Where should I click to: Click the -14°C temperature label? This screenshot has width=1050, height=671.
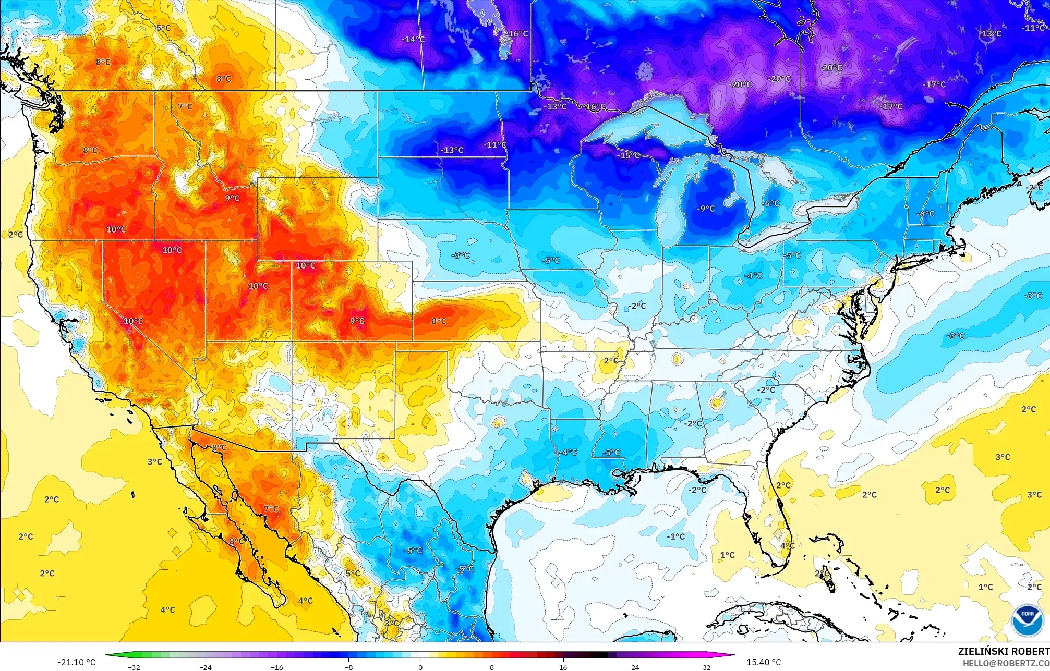coord(413,40)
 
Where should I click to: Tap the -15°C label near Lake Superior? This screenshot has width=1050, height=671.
coord(628,155)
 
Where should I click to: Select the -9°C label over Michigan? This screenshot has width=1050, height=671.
coord(706,209)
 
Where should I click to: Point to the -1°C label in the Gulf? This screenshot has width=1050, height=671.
coord(675,536)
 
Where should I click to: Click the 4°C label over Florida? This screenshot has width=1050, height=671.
coord(787,546)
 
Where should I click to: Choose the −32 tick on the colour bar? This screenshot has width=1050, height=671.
coord(134,667)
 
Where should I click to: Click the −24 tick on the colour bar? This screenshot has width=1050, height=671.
coord(206,667)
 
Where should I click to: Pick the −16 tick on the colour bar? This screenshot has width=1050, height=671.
coord(277,667)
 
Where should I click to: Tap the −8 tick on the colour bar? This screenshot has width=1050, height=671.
coord(348,667)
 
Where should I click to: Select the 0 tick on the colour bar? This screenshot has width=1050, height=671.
coord(420,667)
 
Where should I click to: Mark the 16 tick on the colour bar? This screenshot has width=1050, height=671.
coord(563,667)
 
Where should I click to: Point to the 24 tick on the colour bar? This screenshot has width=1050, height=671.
coord(635,667)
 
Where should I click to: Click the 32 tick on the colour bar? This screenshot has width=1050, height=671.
coord(706,667)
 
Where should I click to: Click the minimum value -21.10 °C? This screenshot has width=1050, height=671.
coord(76,662)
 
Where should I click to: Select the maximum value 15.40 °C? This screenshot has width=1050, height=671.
coord(763,662)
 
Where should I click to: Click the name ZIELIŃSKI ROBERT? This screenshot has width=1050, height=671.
coord(1003,651)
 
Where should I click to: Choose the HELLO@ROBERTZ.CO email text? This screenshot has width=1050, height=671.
coord(1006,663)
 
